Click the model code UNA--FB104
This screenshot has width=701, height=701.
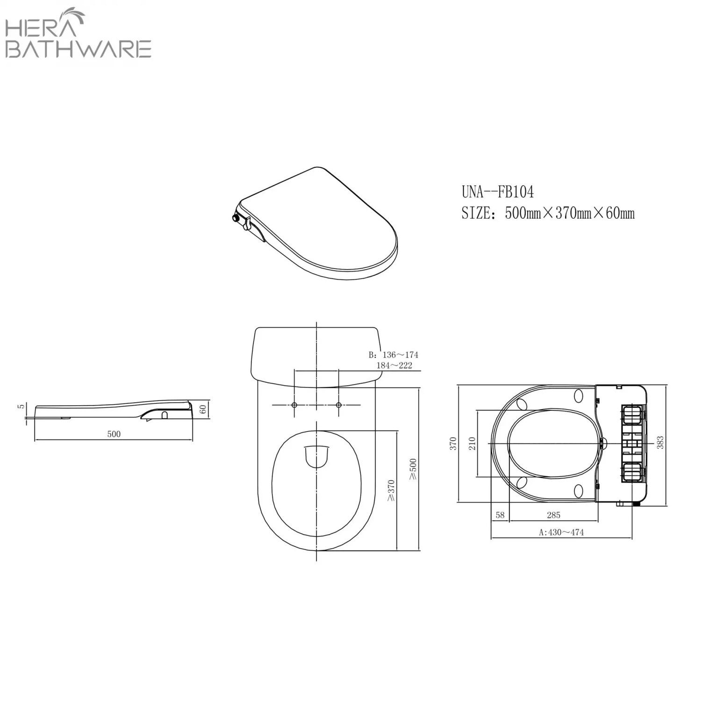[x=497, y=192]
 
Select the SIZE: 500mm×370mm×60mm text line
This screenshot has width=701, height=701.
[x=548, y=214]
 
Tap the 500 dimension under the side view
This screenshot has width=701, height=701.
[x=114, y=434]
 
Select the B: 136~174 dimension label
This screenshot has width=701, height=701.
[x=393, y=355]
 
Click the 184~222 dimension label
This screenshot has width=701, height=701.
[x=394, y=365]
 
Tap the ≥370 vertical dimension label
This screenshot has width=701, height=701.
[x=391, y=490]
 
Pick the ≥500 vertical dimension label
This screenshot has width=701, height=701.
[x=413, y=469]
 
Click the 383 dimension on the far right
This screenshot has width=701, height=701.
[x=660, y=443]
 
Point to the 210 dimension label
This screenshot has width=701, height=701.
[x=472, y=443]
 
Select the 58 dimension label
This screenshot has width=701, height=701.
[x=500, y=515]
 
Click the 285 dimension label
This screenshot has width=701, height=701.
[x=553, y=515]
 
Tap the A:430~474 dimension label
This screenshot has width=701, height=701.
[x=561, y=532]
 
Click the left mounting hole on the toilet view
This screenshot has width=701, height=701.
[x=294, y=405]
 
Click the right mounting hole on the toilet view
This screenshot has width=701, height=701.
[x=339, y=405]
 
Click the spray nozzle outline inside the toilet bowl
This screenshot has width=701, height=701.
[x=317, y=456]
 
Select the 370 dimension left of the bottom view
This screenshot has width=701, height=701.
[x=452, y=443]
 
